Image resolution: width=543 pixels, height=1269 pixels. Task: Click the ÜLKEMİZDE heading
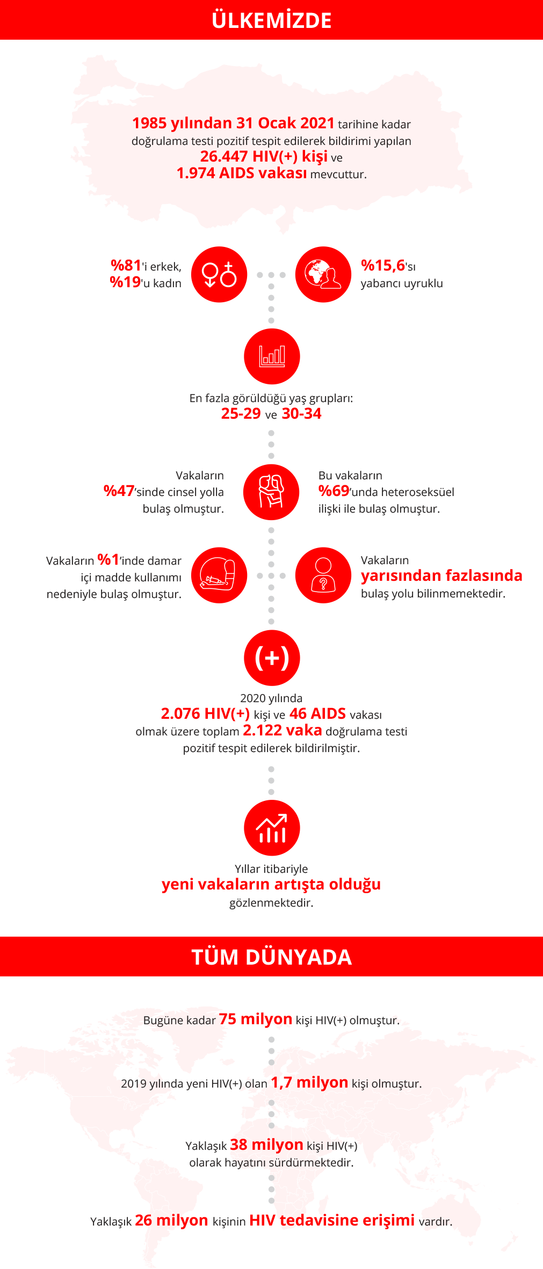[272, 20]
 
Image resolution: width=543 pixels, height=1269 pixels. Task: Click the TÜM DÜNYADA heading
[272, 957]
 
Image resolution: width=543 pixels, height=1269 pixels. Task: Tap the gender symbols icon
[219, 274]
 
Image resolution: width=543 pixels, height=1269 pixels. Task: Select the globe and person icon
[323, 274]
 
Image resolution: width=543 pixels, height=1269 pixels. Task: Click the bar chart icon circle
[272, 356]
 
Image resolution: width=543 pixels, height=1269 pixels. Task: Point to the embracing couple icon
[271, 492]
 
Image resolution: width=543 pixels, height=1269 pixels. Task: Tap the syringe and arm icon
[219, 575]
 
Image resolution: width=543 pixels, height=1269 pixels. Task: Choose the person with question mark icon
[323, 575]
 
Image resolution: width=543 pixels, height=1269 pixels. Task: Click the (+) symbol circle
[272, 658]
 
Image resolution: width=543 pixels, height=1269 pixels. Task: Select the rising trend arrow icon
[272, 828]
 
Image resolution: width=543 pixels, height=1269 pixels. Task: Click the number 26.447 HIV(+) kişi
[264, 156]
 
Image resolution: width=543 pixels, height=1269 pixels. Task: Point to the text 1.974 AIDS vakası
[242, 173]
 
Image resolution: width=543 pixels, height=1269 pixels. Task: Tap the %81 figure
[126, 265]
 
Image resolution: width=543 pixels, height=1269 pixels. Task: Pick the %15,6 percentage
[383, 265]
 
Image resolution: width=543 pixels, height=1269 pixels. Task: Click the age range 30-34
[301, 413]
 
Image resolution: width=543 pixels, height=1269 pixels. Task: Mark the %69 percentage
[334, 491]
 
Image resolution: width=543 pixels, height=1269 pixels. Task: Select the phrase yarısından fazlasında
[441, 575]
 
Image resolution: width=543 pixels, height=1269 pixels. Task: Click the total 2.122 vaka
[283, 730]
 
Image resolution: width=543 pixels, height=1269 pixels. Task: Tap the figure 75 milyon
[256, 1019]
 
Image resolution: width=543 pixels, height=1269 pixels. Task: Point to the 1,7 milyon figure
[309, 1082]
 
